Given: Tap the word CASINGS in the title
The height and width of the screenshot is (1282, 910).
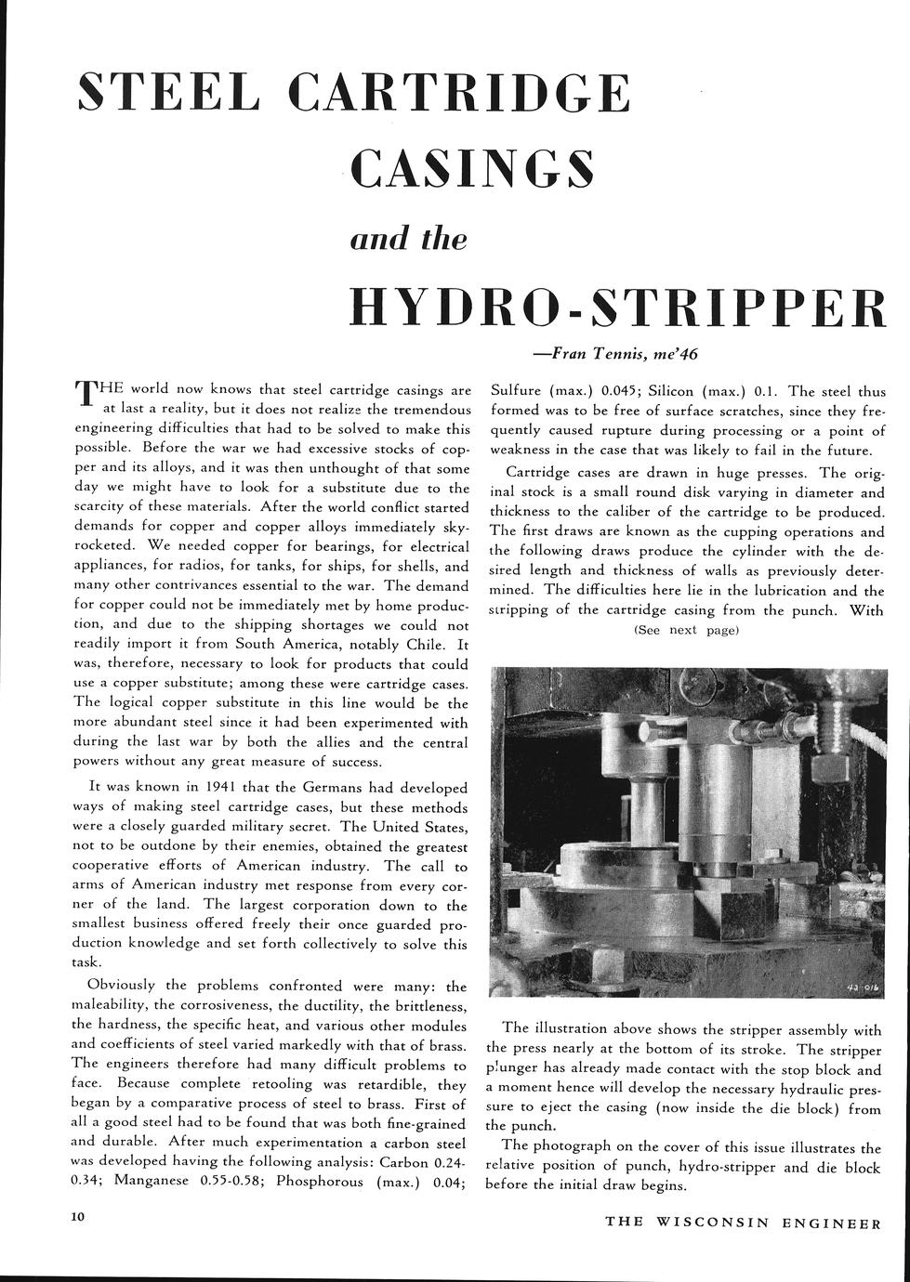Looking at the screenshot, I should pyautogui.click(x=471, y=167).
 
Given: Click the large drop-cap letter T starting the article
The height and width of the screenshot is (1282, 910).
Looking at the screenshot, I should pyautogui.click(x=86, y=394).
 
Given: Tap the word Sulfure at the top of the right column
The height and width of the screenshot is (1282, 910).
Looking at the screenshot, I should pyautogui.click(x=519, y=391).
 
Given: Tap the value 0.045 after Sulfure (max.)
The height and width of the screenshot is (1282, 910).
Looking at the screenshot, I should pyautogui.click(x=619, y=391).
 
